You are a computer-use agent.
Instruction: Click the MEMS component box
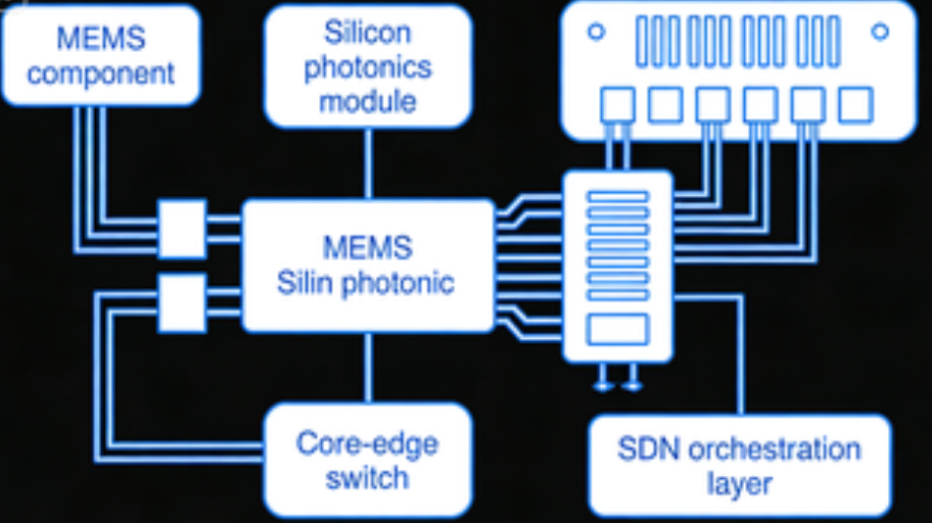(x=101, y=55)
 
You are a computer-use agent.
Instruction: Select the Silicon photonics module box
(x=368, y=66)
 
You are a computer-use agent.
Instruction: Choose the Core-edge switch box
(x=368, y=461)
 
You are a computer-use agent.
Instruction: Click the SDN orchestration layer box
(x=739, y=465)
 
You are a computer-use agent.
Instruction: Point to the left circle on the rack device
(x=595, y=32)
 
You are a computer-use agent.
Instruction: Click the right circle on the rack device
(x=879, y=32)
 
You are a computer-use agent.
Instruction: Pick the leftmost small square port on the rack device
(x=618, y=105)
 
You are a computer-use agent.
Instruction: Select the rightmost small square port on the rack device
(x=855, y=105)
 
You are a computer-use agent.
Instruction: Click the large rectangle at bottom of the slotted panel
(x=617, y=330)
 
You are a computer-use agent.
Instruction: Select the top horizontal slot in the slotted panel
(x=617, y=197)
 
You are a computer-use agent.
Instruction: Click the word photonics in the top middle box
(x=368, y=67)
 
